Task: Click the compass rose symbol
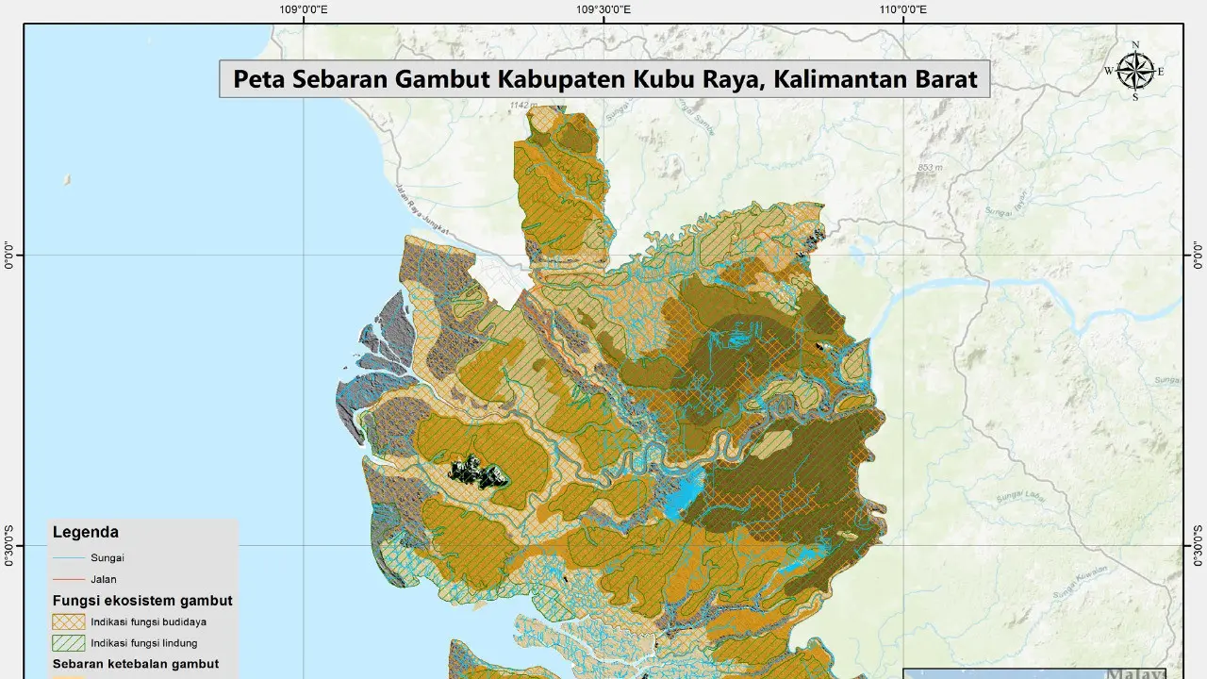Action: click(1135, 71)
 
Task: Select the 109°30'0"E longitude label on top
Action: click(603, 10)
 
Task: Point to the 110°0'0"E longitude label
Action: click(903, 10)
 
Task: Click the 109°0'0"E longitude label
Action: click(304, 10)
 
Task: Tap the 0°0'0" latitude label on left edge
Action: click(10, 255)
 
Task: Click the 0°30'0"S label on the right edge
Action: click(1197, 545)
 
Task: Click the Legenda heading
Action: click(85, 532)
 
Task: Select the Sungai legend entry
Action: click(107, 557)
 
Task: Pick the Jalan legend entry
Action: click(103, 579)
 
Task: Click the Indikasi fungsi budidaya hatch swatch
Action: click(68, 621)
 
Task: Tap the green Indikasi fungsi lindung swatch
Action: click(68, 643)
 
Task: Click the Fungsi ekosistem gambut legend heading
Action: click(141, 601)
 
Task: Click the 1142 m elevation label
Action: click(521, 105)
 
